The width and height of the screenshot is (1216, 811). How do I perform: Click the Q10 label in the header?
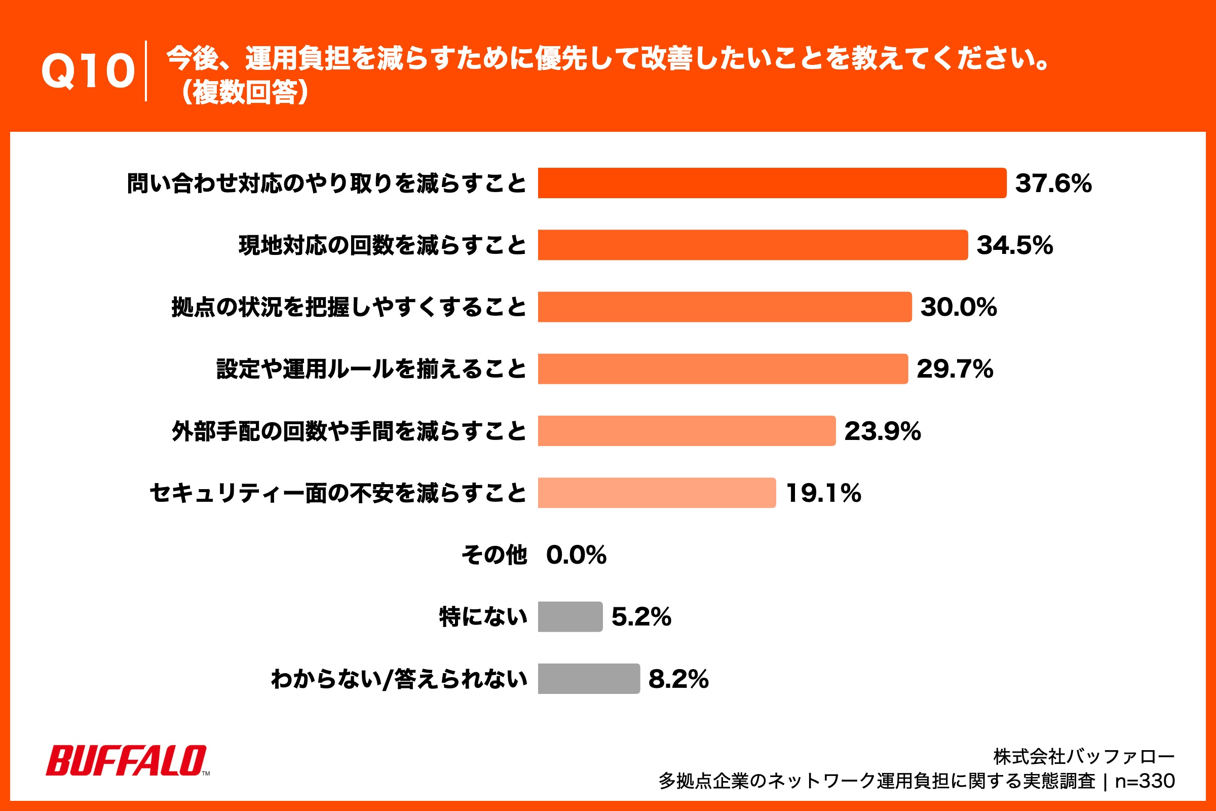(x=88, y=71)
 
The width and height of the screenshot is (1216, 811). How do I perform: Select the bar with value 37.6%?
(x=771, y=183)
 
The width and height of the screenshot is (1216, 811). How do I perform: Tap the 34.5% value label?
(x=1014, y=245)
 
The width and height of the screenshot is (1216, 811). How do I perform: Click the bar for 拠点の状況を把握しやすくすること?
(x=725, y=307)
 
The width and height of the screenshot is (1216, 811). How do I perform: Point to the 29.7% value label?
(x=955, y=369)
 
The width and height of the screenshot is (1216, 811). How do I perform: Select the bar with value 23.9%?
(x=686, y=431)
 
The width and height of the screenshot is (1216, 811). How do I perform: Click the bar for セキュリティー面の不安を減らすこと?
(x=657, y=493)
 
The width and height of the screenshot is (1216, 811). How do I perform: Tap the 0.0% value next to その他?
(x=576, y=555)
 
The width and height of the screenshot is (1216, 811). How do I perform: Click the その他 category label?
(x=495, y=555)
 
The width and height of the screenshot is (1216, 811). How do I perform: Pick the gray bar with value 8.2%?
(x=588, y=679)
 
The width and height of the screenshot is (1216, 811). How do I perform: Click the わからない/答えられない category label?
(x=399, y=679)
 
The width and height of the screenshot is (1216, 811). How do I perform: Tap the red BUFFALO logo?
(x=127, y=760)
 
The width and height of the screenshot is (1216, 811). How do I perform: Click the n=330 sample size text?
(x=1145, y=781)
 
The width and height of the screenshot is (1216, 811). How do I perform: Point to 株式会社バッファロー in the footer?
(x=1084, y=757)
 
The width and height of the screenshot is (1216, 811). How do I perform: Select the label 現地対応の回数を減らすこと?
(x=383, y=245)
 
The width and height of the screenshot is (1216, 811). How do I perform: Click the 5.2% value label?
(x=641, y=616)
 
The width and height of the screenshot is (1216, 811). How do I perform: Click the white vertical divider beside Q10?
(x=146, y=71)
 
